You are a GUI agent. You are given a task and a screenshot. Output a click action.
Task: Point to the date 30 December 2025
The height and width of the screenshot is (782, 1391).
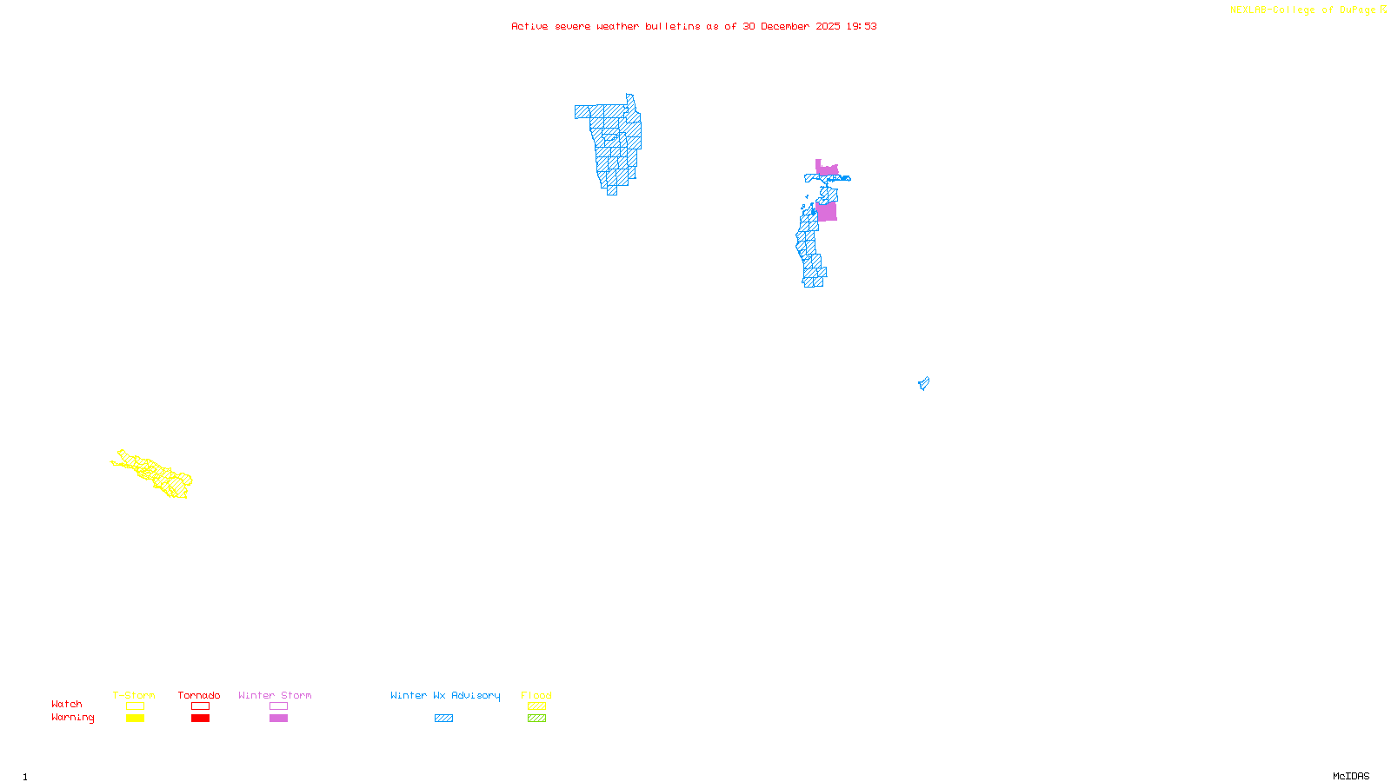(791, 26)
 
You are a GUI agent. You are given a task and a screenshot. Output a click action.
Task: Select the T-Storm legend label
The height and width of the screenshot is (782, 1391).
(134, 695)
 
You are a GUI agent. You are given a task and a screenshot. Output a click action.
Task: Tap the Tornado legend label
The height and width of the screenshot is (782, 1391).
(199, 695)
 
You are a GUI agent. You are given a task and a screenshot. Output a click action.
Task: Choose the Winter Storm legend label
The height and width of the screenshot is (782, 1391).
(275, 695)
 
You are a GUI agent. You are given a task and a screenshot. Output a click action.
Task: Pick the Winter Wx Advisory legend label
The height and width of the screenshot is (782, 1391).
(445, 695)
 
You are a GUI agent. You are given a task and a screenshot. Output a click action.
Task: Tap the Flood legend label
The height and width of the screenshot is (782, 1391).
(536, 695)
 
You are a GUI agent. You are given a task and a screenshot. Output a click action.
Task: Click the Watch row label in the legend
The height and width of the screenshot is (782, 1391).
(67, 704)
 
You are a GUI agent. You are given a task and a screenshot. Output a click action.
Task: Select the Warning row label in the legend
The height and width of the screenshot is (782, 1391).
(72, 718)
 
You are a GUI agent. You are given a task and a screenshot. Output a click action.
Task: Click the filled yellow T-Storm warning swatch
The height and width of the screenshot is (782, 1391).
(135, 719)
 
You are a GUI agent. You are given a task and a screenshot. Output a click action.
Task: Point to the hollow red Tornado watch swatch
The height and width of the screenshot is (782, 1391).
(200, 706)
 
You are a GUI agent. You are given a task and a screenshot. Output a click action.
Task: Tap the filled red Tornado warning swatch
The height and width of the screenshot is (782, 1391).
(200, 719)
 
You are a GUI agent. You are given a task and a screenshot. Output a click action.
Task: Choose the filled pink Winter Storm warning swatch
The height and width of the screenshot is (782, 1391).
(278, 719)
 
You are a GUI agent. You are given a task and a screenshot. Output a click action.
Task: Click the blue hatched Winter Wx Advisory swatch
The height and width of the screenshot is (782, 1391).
(443, 719)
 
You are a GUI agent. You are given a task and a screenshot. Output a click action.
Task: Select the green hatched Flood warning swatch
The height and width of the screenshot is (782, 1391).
(536, 719)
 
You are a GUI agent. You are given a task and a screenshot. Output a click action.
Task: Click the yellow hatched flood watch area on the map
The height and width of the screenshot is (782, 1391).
(156, 474)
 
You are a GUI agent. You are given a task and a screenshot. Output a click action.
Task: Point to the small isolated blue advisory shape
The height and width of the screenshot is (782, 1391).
(923, 383)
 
